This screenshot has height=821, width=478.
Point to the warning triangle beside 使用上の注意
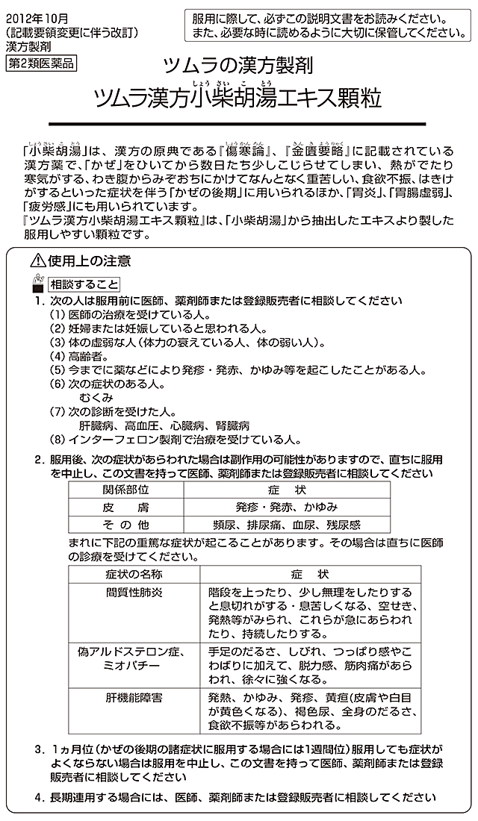click(37, 260)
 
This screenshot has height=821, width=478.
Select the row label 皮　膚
click(126, 507)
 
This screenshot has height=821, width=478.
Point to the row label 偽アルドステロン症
click(134, 651)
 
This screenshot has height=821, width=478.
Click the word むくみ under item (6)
click(96, 398)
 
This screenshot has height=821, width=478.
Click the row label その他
click(126, 524)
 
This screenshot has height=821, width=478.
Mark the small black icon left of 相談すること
click(37, 284)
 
